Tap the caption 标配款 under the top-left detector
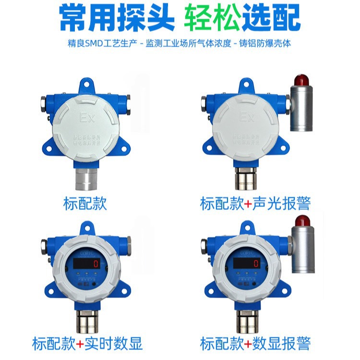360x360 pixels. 85,204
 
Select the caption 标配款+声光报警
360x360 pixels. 255,204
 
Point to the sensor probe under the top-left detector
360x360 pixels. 85,179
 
